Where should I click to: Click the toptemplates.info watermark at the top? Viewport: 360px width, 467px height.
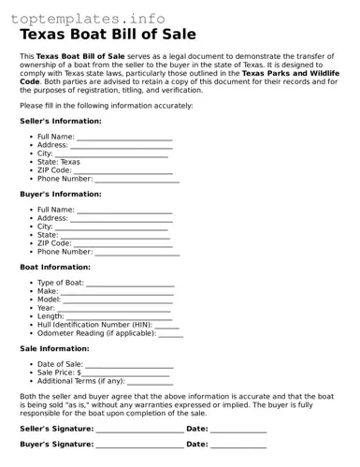pos(88,19)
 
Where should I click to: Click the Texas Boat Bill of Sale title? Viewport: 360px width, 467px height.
pos(108,35)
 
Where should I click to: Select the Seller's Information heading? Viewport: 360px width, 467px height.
pos(61,122)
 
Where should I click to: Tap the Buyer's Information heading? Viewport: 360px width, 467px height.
pos(61,194)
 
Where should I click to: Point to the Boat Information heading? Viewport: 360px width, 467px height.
pos(55,267)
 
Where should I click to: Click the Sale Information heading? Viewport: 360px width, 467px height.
pos(54,348)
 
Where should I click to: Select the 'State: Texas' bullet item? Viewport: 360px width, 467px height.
pos(58,162)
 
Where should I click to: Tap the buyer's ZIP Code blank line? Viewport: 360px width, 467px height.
pos(118,243)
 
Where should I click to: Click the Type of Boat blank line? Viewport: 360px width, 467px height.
pos(130,284)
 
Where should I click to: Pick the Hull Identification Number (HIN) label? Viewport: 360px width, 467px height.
pos(94,325)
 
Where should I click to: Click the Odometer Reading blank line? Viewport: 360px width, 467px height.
pos(170,334)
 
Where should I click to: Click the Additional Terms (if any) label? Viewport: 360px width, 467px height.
pos(80,382)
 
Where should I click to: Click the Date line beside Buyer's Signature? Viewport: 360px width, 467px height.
pos(238,446)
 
